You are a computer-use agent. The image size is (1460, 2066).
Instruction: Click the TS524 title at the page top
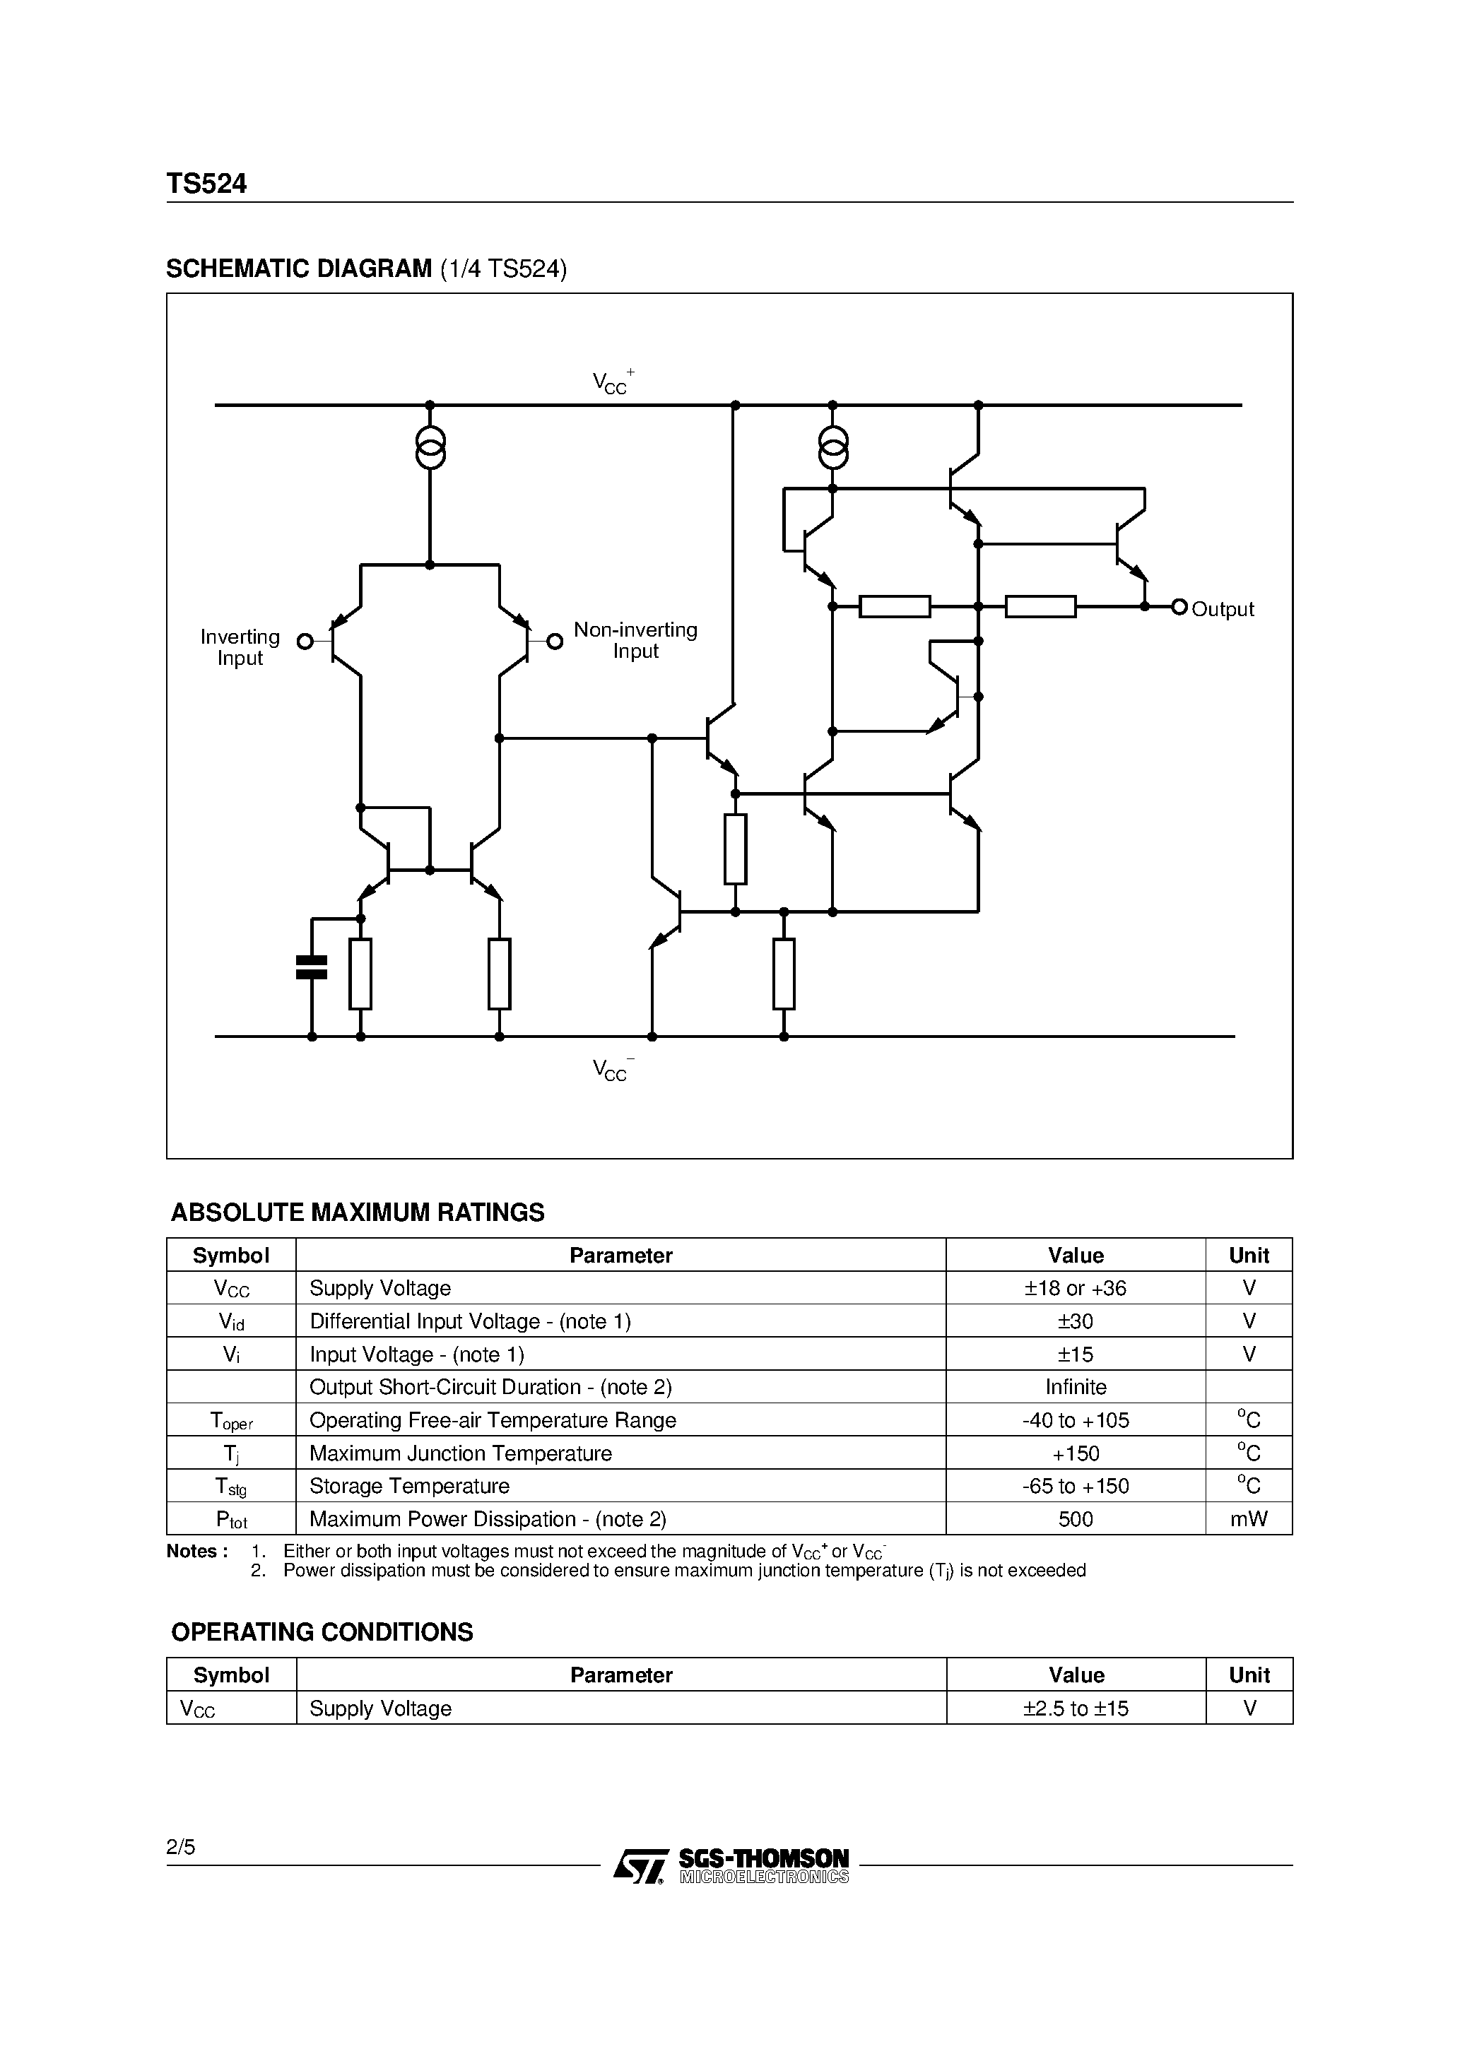[x=206, y=184]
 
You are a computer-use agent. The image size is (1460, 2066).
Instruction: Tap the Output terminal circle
[x=1179, y=608]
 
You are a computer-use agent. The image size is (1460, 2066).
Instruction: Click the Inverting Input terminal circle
[x=305, y=642]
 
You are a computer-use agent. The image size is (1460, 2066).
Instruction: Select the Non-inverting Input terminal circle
[x=555, y=642]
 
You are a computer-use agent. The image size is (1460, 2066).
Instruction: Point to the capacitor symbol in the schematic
[x=312, y=967]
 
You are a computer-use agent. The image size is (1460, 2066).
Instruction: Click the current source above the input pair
[x=430, y=447]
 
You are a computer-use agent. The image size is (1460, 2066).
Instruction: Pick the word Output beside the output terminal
[x=1223, y=609]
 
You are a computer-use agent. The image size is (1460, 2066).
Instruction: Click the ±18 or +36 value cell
[x=1075, y=1287]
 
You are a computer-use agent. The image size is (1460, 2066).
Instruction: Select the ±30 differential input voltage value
[x=1075, y=1321]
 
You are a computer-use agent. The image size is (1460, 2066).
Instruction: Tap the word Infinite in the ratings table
[x=1076, y=1386]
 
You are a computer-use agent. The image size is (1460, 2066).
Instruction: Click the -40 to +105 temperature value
[x=1075, y=1420]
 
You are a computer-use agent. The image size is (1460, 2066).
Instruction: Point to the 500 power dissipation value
[x=1076, y=1519]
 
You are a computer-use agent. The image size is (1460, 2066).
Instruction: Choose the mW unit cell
[x=1249, y=1519]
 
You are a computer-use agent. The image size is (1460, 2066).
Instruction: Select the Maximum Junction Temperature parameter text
[x=460, y=1453]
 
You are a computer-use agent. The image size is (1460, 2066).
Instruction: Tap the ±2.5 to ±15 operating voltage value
[x=1076, y=1708]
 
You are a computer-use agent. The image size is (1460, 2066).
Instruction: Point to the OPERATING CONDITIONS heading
[x=322, y=1632]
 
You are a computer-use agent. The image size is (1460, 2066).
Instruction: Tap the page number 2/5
[x=181, y=1848]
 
